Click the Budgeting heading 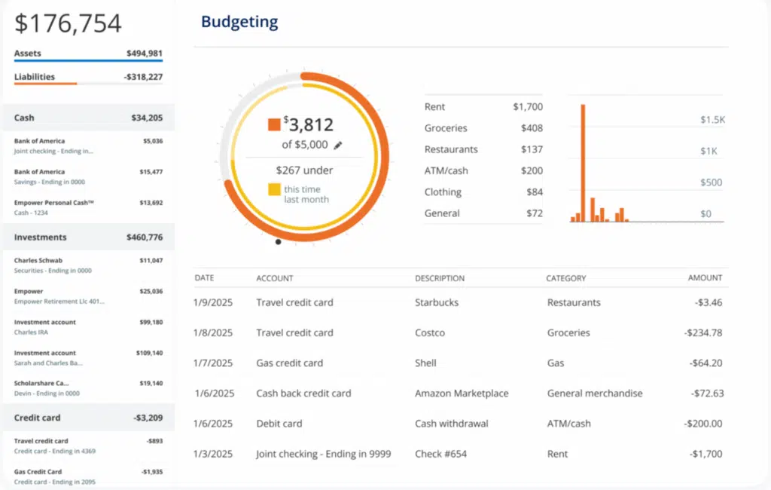point(239,22)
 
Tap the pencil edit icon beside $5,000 point(338,145)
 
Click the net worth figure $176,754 point(68,23)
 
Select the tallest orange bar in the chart point(583,163)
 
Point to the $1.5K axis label point(712,120)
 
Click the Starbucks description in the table point(436,302)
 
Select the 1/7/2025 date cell point(214,363)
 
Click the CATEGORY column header point(565,278)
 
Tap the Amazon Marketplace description point(461,393)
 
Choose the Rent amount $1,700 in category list point(527,107)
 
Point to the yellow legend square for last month point(273,189)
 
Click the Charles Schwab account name point(39,260)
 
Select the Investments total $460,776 point(144,237)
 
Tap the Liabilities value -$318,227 point(143,77)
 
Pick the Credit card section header point(38,418)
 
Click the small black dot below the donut point(279,242)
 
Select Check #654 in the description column point(440,454)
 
